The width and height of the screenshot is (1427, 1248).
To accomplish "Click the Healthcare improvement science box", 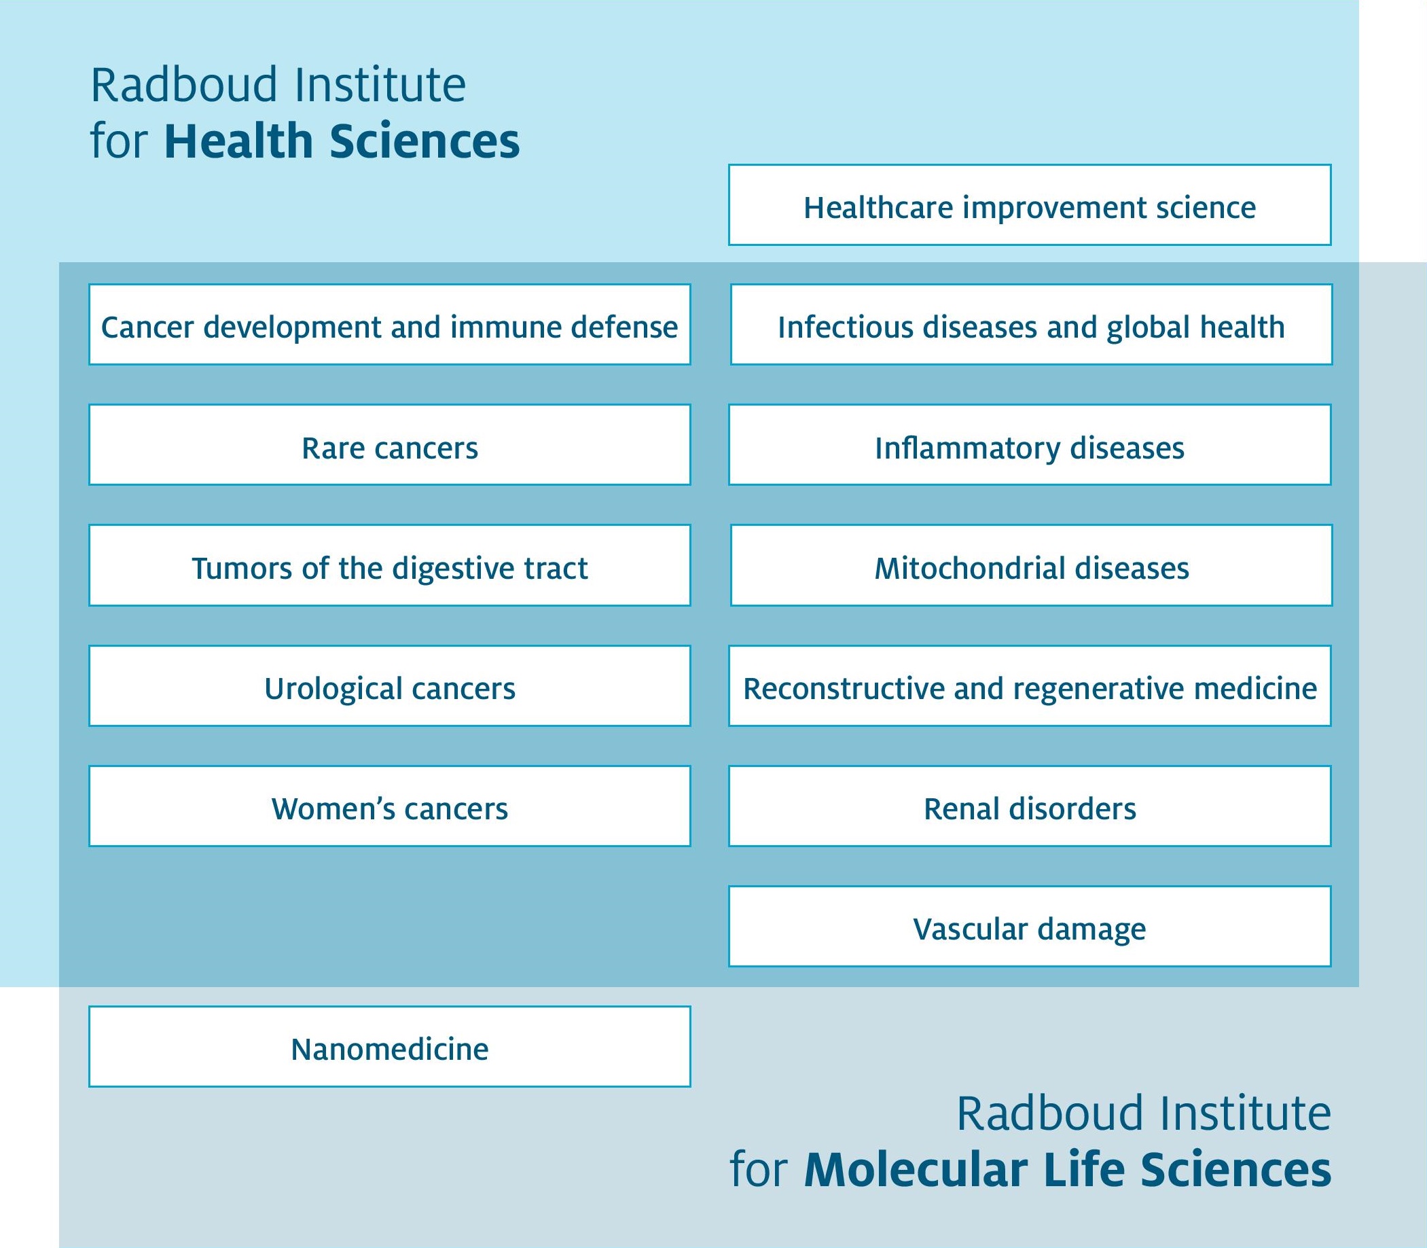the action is pos(1030,204).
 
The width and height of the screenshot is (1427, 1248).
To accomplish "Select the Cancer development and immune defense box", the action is pos(390,324).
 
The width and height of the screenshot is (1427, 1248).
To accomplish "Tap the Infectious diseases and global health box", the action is pos(1031,324).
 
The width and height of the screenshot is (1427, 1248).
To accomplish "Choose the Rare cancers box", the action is pos(390,444).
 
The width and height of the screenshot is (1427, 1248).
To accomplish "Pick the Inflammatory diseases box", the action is pos(1030,444).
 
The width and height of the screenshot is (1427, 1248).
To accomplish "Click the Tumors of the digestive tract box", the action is pos(390,565).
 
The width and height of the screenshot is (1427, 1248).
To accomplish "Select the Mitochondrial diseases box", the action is pos(1031,565).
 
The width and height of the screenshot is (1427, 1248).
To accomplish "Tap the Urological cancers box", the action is pos(390,686).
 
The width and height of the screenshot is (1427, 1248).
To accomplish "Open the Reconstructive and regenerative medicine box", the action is pos(1030,686).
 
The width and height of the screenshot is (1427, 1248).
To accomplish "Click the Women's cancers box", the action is pos(390,806).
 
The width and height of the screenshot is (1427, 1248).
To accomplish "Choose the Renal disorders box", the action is pos(1030,806).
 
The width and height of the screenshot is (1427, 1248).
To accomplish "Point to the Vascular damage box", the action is pos(1030,926).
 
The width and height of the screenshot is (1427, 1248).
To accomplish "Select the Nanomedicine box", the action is pos(390,1047).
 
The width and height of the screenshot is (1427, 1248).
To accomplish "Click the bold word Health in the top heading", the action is pos(239,141).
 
